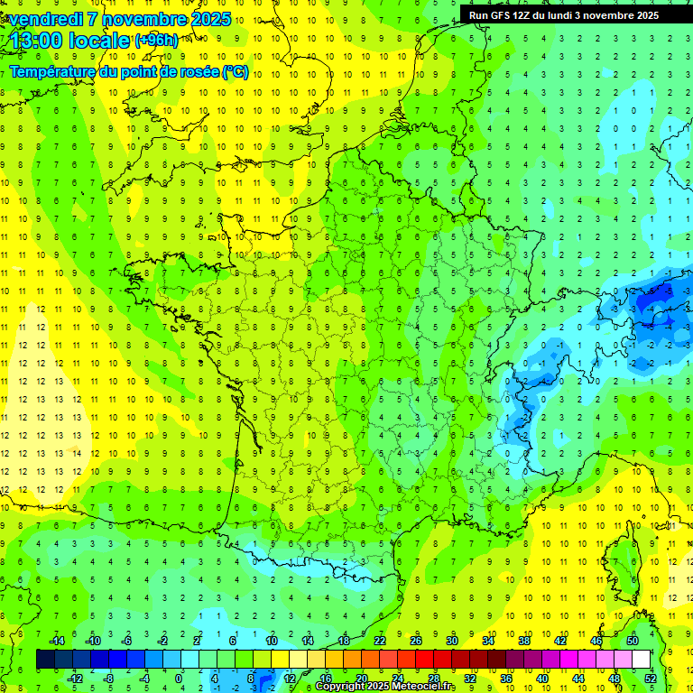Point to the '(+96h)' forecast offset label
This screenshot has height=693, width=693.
tap(156, 41)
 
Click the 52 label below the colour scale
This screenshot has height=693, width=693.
tap(650, 678)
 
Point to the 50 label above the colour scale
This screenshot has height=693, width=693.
tap(632, 640)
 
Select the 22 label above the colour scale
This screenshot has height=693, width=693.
tap(380, 640)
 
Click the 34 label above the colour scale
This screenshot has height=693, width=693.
tap(488, 640)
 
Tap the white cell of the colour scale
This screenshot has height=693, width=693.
tap(641, 659)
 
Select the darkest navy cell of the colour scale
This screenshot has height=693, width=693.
tap(45, 659)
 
